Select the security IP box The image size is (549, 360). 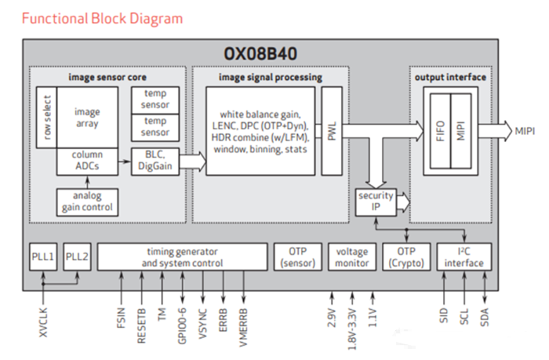click(375, 201)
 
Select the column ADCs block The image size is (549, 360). click(87, 161)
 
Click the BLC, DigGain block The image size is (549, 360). click(155, 161)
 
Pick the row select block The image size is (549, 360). click(46, 117)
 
